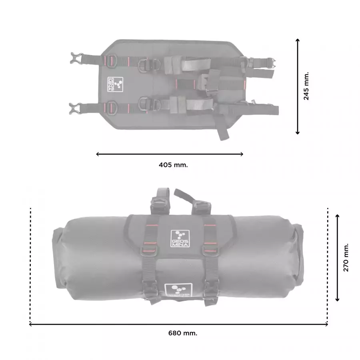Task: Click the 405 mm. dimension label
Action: tap(173, 165)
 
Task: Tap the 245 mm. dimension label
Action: tap(306, 86)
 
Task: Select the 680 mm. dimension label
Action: tap(183, 333)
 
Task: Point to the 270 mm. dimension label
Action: tap(346, 258)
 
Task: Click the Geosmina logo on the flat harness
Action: tap(115, 84)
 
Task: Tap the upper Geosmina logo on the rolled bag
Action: tap(180, 239)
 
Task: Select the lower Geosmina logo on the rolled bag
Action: tap(178, 290)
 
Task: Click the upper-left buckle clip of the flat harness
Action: tap(76, 58)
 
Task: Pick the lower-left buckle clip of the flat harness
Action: tap(75, 108)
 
